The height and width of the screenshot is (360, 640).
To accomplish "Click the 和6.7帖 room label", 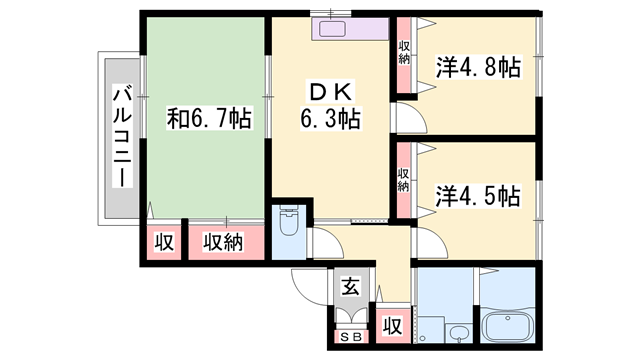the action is (x=209, y=118).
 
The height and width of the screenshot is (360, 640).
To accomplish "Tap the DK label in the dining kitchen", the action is (x=331, y=91).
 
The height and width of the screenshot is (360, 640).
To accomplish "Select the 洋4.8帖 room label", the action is (x=478, y=67).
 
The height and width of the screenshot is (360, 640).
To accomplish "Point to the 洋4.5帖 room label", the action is (x=478, y=196).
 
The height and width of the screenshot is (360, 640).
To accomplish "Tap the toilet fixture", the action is (x=289, y=220).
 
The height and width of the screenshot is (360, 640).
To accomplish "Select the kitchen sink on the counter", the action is (x=332, y=29).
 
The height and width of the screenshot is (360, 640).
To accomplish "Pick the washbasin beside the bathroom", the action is (x=460, y=334).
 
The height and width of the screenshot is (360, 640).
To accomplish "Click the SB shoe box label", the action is (x=351, y=337).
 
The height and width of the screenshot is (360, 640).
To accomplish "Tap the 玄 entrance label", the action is (x=351, y=286).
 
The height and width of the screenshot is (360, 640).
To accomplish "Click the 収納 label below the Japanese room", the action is (x=223, y=242).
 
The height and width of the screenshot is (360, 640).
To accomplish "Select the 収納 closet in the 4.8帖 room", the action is (x=404, y=52).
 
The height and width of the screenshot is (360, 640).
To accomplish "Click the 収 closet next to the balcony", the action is (x=164, y=242).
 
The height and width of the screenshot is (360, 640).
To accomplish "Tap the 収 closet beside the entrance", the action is (x=392, y=326).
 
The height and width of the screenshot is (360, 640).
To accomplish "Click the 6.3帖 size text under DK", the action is (x=331, y=118).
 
